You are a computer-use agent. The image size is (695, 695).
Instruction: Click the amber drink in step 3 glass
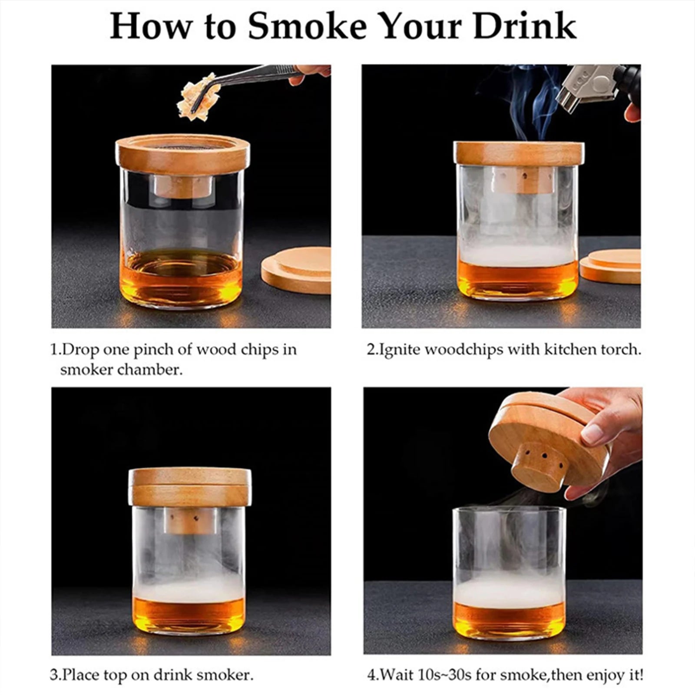[189, 613]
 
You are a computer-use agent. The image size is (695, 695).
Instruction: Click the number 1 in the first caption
[54, 350]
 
